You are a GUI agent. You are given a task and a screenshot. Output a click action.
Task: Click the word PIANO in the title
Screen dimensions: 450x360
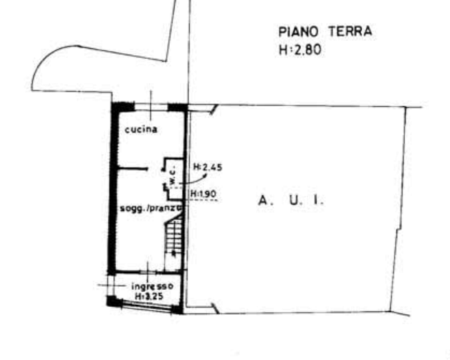point(299,32)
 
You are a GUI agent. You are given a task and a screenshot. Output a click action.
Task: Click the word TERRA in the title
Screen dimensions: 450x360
point(350,31)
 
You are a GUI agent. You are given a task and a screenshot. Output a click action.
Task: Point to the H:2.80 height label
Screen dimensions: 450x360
point(300,50)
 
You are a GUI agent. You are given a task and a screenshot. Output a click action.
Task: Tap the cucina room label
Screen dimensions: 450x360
point(141,130)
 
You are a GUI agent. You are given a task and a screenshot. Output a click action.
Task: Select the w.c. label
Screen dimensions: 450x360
point(173,176)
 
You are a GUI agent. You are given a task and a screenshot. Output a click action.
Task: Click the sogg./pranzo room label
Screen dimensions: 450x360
point(151,208)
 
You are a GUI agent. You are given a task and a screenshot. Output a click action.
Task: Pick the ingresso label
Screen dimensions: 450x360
point(152,286)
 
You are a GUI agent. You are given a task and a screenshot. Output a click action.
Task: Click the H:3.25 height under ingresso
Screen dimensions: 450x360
point(150,296)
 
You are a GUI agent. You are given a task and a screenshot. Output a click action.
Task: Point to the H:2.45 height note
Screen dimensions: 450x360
point(208,167)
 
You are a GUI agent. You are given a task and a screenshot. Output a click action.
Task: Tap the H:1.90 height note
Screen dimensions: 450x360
point(204,194)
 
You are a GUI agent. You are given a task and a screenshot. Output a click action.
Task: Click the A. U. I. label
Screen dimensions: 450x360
point(291,200)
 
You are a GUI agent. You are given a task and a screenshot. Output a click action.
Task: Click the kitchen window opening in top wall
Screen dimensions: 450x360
point(151,107)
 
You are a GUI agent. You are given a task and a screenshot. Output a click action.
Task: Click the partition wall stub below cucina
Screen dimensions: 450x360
point(133,169)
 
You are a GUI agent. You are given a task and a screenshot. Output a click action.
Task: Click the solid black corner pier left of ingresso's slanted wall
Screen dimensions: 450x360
point(112,301)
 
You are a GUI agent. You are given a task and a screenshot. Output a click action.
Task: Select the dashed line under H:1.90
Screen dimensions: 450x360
point(204,199)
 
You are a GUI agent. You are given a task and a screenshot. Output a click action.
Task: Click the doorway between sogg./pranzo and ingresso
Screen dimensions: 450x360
point(148,272)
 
